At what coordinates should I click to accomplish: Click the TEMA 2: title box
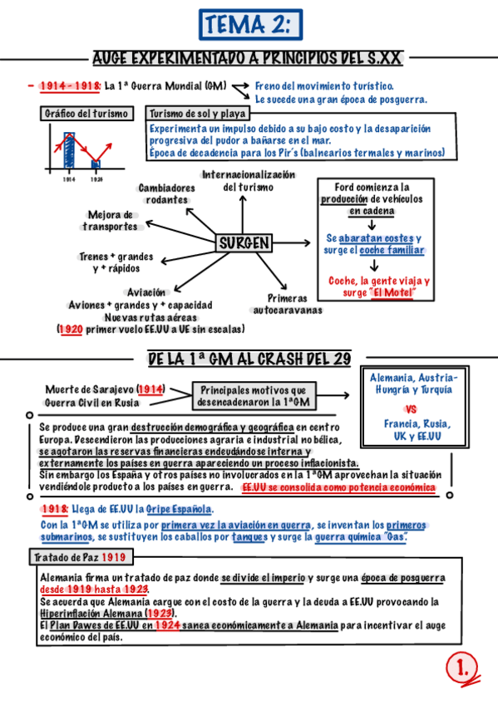249,25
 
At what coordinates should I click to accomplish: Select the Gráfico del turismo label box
86,114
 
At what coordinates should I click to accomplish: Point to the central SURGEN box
244,243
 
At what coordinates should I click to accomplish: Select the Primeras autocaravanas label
288,304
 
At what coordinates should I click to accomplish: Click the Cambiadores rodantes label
167,193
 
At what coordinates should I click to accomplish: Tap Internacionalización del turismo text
249,181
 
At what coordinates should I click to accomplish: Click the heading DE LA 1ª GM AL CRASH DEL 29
249,359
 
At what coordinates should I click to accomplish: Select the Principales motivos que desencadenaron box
253,395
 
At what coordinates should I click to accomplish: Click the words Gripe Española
180,509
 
